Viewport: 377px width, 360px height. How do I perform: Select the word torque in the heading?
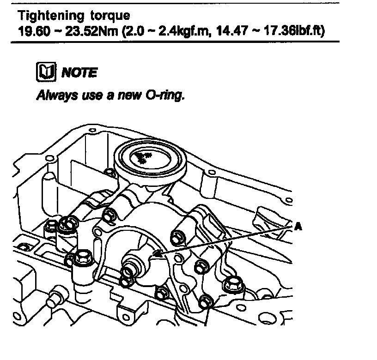107,17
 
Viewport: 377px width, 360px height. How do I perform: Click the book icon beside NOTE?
45,72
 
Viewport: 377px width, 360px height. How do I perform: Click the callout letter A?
298,227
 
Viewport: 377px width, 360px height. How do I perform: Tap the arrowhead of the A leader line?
154,254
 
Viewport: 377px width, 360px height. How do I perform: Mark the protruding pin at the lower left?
57,295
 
